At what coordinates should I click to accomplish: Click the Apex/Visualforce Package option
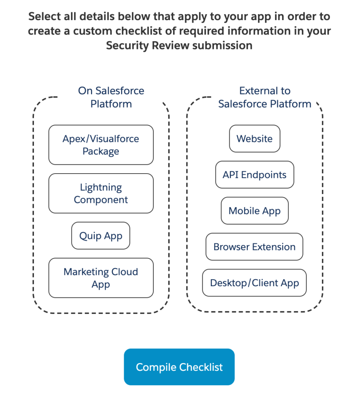coord(101,145)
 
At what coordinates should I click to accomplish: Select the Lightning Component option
coord(101,193)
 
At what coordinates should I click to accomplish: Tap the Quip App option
coord(101,236)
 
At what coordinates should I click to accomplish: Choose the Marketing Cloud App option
coord(101,278)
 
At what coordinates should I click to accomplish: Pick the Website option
coord(254,138)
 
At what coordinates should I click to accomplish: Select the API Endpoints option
coord(254,175)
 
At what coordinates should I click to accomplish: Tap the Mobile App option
coord(254,211)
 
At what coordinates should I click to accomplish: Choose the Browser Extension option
coord(254,246)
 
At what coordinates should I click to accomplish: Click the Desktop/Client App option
coord(254,283)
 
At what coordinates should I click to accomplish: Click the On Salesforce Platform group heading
coord(111,97)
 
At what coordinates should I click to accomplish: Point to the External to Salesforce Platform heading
coord(265,97)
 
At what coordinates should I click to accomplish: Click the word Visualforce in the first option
coord(114,138)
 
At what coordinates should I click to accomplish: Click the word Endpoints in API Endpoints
coord(264,175)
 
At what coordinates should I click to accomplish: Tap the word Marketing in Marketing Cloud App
coord(86,272)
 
